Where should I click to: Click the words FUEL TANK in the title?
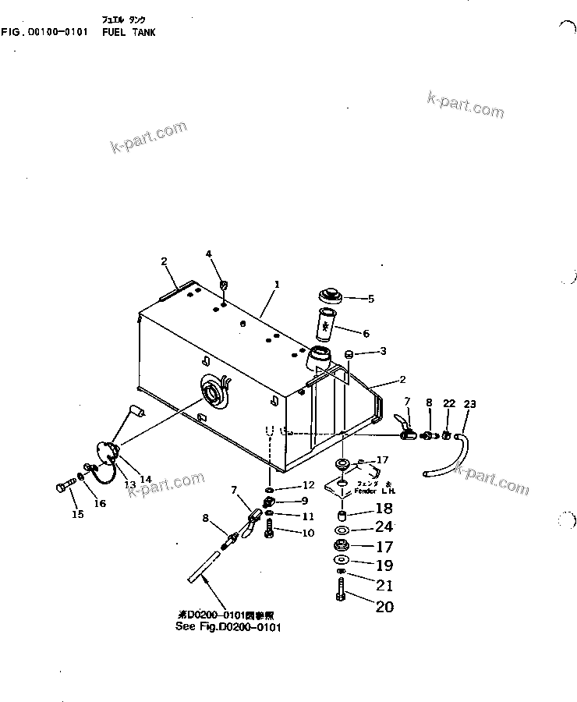[x=129, y=32]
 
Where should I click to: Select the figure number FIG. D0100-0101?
[x=45, y=32]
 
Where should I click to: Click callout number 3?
[x=382, y=352]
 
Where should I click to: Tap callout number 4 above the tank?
[x=208, y=253]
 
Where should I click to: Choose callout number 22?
[x=448, y=403]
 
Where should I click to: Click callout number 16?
[x=99, y=504]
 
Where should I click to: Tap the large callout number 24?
[x=384, y=527]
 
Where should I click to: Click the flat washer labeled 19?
[x=341, y=562]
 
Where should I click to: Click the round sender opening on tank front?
[x=212, y=392]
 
